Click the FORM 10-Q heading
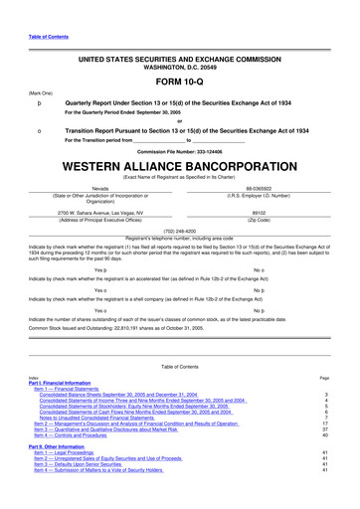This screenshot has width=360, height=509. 179,82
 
